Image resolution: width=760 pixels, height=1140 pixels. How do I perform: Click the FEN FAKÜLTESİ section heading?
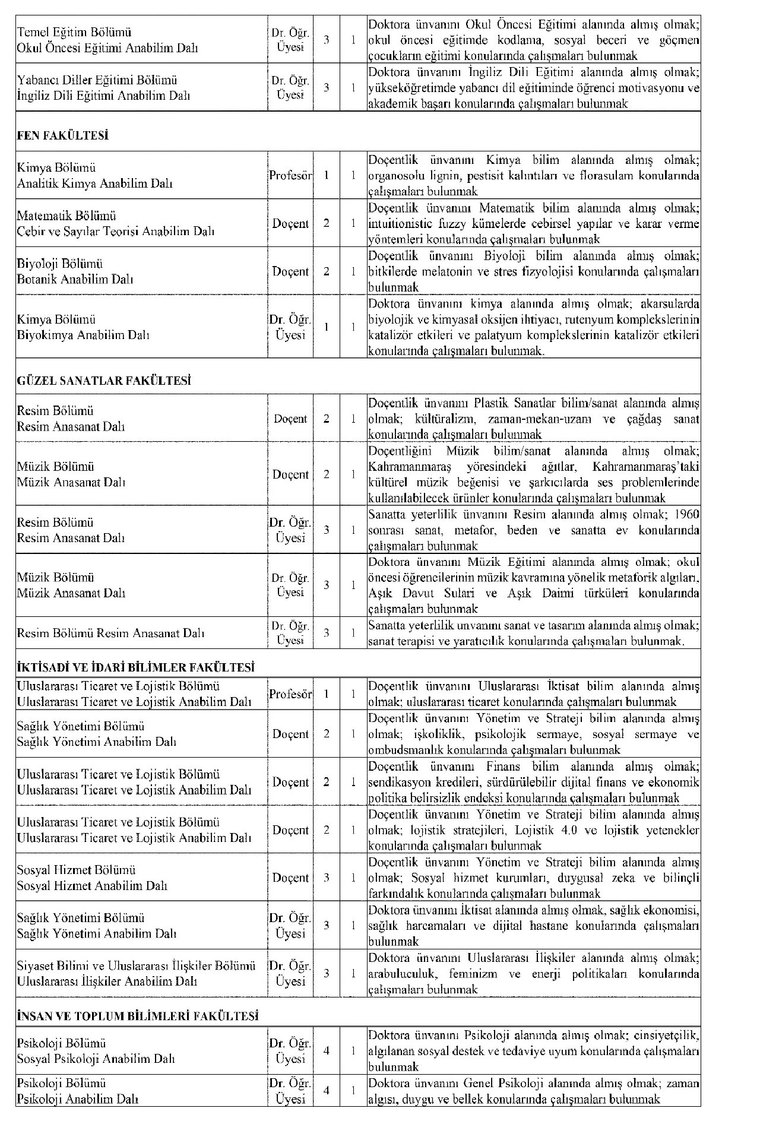click(x=62, y=136)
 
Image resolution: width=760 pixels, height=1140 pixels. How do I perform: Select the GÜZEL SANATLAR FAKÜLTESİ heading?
click(x=104, y=381)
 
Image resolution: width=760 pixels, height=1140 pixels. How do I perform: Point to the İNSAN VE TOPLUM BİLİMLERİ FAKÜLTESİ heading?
click(x=137, y=1016)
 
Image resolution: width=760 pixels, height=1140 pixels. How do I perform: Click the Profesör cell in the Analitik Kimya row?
click(x=290, y=176)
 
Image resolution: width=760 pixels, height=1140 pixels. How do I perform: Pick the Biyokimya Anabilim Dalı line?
click(x=83, y=335)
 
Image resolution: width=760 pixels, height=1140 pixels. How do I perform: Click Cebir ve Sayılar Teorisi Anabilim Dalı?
click(x=115, y=232)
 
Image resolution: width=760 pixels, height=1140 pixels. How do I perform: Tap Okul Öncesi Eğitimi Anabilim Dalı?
click(x=107, y=48)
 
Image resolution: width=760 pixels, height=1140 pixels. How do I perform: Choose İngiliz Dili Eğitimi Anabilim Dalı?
click(x=103, y=96)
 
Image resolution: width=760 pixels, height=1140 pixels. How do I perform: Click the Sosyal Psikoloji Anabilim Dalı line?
click(x=96, y=1059)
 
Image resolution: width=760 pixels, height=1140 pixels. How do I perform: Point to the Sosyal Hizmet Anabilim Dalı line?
click(x=92, y=886)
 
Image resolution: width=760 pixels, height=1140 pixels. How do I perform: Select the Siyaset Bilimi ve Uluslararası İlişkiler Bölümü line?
click(x=136, y=966)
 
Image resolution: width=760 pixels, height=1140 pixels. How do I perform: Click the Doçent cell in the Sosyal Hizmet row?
click(x=290, y=878)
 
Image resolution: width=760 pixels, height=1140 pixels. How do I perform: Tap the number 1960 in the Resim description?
click(x=688, y=514)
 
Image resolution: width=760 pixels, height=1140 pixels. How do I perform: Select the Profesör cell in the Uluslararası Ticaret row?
click(x=290, y=694)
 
